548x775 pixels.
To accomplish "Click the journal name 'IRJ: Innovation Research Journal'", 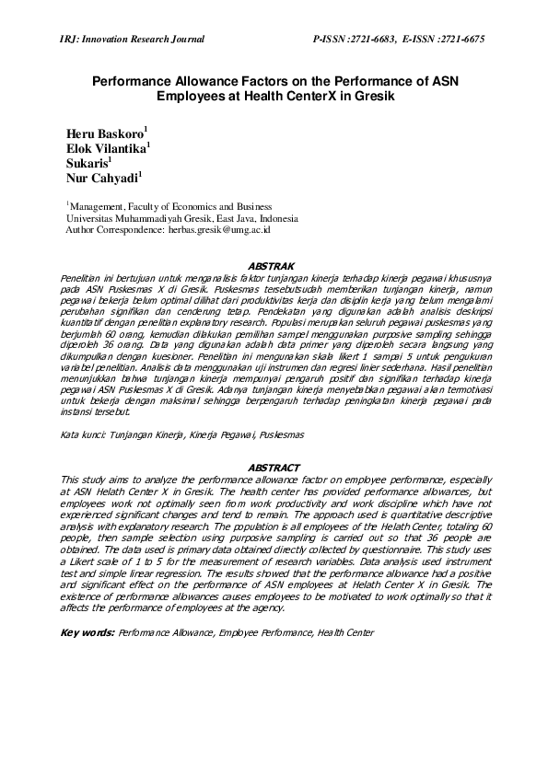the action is click(x=131, y=40).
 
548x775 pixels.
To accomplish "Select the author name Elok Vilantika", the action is click(x=105, y=149).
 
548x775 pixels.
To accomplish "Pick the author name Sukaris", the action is click(x=88, y=164).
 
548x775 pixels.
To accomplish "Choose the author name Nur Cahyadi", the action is click(x=101, y=179).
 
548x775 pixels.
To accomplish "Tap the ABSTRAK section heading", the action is click(x=273, y=266).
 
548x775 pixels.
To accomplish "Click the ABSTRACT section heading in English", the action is click(x=273, y=468).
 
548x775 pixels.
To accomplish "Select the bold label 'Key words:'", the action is click(x=87, y=633).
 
